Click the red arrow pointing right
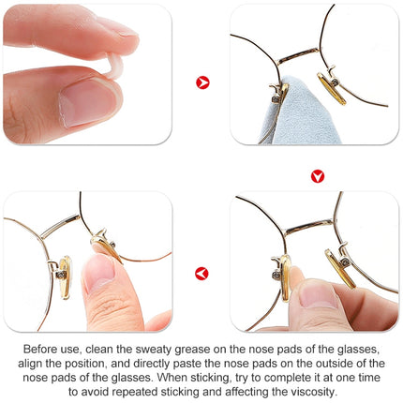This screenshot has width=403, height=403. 202,82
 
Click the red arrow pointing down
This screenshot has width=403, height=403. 318,176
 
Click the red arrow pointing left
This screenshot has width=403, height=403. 201,274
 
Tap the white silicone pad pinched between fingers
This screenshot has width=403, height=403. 113,67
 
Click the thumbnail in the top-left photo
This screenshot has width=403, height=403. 88,103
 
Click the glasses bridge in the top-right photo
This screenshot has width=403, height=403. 298,55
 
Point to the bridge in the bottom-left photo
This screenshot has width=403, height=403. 61,226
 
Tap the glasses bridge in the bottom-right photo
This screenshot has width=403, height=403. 308,227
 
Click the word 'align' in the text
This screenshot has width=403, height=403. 31,364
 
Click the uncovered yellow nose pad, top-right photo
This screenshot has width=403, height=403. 331,89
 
